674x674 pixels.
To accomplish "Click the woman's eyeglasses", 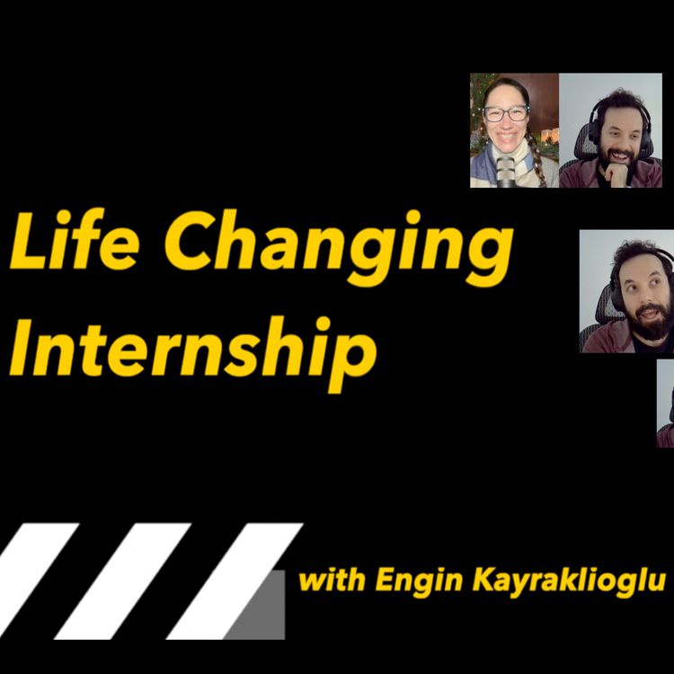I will point(506,113).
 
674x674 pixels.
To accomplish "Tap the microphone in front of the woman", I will point(506,169).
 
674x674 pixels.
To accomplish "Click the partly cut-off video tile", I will point(666,404).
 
